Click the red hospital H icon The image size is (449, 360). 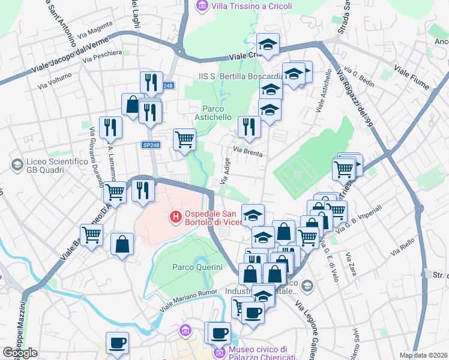(176, 216)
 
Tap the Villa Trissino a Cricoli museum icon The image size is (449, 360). (202, 7)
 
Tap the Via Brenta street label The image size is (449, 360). (248, 152)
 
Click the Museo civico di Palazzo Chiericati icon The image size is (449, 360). (220, 353)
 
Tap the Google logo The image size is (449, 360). (20, 353)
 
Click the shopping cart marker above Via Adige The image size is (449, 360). (184, 140)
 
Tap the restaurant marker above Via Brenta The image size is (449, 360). (246, 127)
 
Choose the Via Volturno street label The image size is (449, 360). (55, 81)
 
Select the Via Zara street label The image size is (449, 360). (351, 265)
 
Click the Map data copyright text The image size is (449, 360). (424, 355)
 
